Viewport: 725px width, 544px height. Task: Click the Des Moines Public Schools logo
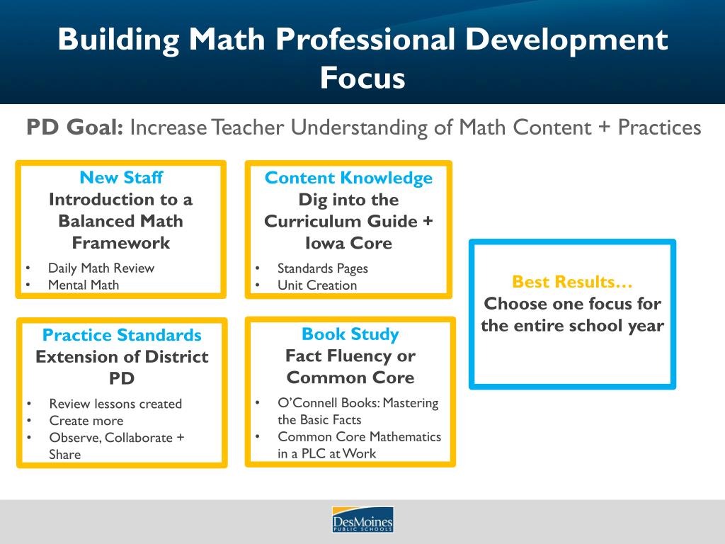pos(362,520)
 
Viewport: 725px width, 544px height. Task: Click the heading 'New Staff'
pos(121,177)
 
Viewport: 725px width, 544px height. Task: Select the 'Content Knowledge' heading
pos(348,178)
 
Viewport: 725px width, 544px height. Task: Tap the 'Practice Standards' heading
pos(122,335)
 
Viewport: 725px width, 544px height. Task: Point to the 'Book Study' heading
pos(350,334)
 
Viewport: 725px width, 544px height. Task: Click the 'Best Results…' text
pos(572,282)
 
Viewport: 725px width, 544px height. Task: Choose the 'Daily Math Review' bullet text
pos(101,268)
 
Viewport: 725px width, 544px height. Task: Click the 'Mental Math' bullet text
pos(84,285)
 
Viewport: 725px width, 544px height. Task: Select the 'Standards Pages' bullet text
pos(322,268)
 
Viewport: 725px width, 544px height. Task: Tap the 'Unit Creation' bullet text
pos(316,285)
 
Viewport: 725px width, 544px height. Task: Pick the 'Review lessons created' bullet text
pos(115,404)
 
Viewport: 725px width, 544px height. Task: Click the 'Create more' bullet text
pos(86,421)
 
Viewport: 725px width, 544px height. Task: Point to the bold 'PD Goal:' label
pos(75,127)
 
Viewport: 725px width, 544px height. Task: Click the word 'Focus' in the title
pos(362,77)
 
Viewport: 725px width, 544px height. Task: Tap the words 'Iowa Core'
pos(348,243)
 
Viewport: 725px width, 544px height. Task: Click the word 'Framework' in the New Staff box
pos(121,243)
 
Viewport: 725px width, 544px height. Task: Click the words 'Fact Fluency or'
pos(350,356)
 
